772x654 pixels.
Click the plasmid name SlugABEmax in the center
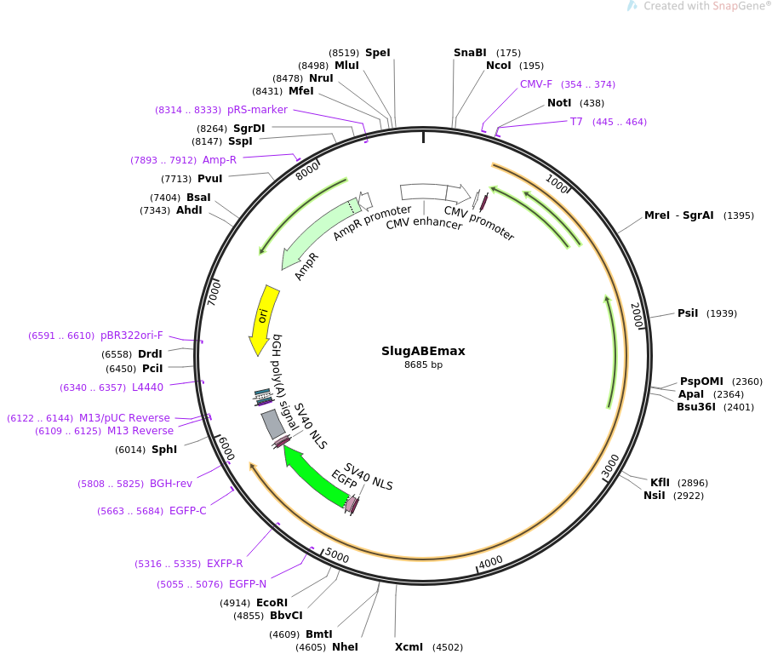[423, 351]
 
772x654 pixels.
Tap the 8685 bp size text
[423, 365]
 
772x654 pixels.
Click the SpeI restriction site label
[378, 53]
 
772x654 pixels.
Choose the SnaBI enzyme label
[470, 53]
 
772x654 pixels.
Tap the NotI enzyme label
[559, 103]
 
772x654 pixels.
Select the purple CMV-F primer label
[536, 84]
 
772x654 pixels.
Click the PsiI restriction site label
[688, 313]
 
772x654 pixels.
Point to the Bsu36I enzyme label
[696, 407]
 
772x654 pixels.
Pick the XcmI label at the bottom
[409, 646]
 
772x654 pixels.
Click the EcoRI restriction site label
[272, 603]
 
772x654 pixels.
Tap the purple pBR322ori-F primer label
[131, 336]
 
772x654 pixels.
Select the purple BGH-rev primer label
[171, 484]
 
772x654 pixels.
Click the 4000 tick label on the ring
[491, 562]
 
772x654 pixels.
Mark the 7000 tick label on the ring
[214, 293]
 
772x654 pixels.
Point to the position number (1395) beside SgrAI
[739, 215]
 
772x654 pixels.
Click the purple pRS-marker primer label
[257, 110]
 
